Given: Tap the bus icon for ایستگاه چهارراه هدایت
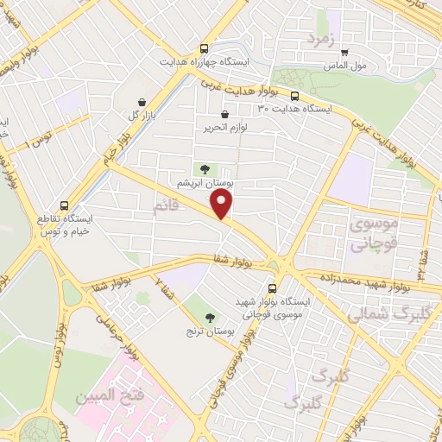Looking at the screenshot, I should click(204, 49).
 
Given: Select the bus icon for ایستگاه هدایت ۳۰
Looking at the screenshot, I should click(294, 96).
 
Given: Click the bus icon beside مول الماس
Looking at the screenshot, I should click(345, 52).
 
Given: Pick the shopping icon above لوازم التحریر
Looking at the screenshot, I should click(225, 114).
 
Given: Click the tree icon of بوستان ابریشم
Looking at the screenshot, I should click(205, 170).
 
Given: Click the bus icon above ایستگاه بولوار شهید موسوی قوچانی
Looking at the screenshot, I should click(273, 288).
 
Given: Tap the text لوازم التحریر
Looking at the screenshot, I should click(220, 128).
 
